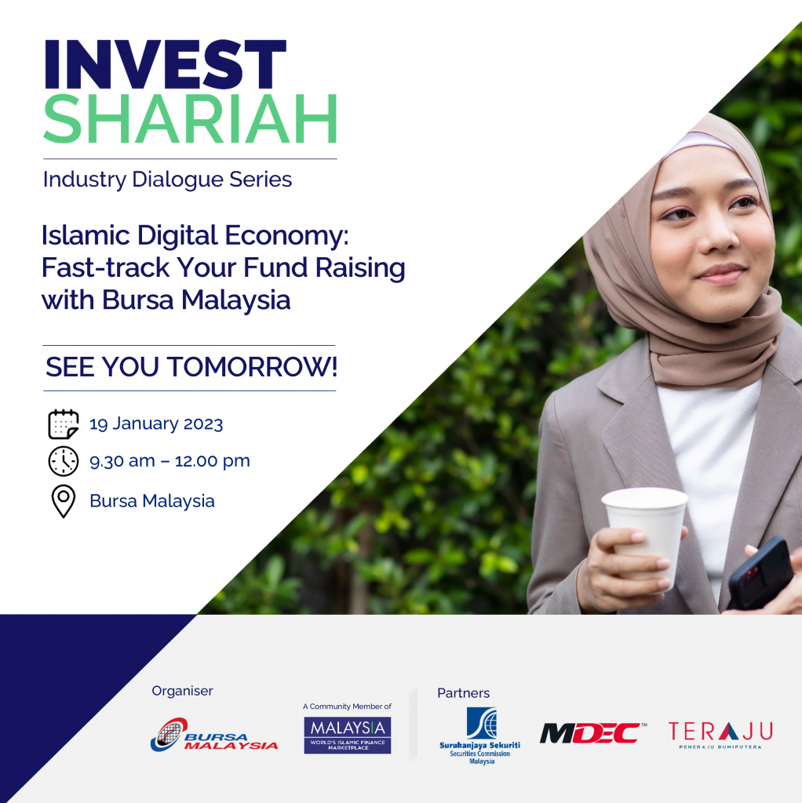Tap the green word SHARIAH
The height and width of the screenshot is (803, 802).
pyautogui.click(x=190, y=119)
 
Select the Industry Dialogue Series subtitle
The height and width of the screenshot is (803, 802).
pyautogui.click(x=167, y=180)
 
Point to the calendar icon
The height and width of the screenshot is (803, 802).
pyautogui.click(x=64, y=424)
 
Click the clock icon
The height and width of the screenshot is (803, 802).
pyautogui.click(x=64, y=461)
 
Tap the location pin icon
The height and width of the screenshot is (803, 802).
pyautogui.click(x=64, y=501)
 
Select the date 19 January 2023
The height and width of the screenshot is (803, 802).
pyautogui.click(x=156, y=424)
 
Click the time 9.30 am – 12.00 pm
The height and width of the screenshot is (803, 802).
pyautogui.click(x=170, y=461)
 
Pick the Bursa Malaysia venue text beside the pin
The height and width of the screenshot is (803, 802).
pyautogui.click(x=152, y=501)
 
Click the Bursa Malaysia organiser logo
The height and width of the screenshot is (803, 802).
pyautogui.click(x=213, y=736)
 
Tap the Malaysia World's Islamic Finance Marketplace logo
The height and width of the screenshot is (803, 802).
pyautogui.click(x=347, y=735)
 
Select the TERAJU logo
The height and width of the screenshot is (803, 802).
pyautogui.click(x=720, y=734)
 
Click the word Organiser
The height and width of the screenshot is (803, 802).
pyautogui.click(x=182, y=691)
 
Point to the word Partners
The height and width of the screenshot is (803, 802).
pyautogui.click(x=463, y=693)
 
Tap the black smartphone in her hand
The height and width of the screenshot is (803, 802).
pyautogui.click(x=760, y=572)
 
